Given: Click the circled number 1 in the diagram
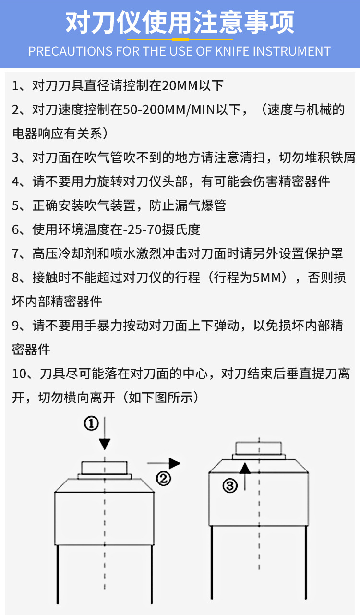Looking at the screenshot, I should point(91,423).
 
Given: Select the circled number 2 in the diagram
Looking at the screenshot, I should point(164,479).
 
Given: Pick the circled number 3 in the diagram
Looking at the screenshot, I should point(230,486).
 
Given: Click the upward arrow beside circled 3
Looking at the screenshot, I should point(245,475).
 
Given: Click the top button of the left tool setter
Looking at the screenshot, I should point(105,467).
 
